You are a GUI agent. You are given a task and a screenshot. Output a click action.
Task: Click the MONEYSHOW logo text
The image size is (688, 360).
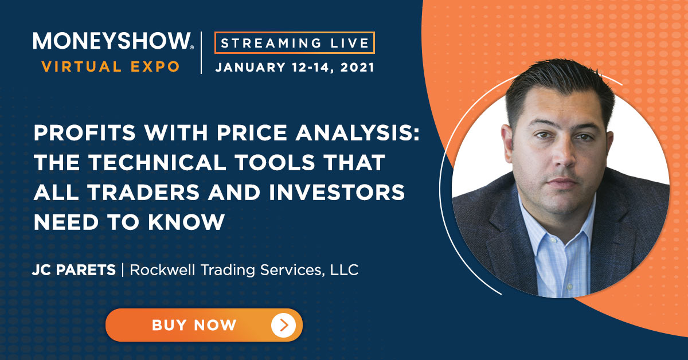point(113,41)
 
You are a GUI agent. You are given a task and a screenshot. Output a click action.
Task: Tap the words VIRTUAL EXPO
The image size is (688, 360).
point(111,66)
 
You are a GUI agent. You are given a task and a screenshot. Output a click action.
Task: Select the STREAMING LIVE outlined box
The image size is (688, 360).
point(295,42)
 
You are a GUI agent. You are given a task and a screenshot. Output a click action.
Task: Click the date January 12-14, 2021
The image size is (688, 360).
point(295,67)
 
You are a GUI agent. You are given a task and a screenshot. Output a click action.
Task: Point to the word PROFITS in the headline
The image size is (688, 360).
point(85,132)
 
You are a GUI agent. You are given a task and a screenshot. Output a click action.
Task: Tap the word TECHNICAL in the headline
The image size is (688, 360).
point(158,162)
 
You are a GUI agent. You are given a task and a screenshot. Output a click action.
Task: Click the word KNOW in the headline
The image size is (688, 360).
point(186,222)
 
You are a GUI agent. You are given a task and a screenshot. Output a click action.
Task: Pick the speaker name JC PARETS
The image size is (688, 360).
point(74,270)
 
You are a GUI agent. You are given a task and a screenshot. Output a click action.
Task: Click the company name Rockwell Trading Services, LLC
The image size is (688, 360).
point(244,271)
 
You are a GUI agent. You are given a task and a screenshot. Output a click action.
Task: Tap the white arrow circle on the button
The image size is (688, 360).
point(283,325)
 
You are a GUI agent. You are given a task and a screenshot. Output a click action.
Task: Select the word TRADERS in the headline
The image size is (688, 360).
point(144,192)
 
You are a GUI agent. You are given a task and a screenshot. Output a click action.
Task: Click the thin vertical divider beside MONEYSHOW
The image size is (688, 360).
point(201,53)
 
